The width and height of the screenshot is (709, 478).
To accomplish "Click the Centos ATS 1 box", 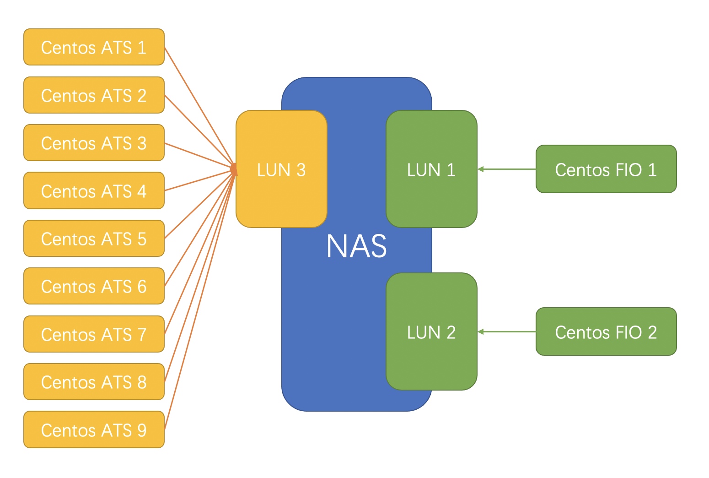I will click(x=94, y=47).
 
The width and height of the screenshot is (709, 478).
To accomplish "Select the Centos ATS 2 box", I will click(x=94, y=95).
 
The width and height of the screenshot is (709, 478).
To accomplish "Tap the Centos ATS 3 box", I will click(x=94, y=143).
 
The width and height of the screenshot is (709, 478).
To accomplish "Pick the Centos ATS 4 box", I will click(x=94, y=191).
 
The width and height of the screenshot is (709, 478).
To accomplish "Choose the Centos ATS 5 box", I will click(x=94, y=239).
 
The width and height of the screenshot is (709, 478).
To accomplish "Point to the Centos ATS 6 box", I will click(x=94, y=286).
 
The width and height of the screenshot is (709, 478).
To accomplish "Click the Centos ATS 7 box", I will click(x=94, y=334).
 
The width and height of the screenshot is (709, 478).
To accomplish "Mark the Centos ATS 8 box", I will click(x=94, y=382).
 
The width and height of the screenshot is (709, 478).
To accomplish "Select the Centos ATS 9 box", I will click(x=94, y=430).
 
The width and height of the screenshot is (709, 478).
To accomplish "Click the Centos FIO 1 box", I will click(x=606, y=169).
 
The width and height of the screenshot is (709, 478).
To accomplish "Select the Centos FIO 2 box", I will click(x=606, y=331).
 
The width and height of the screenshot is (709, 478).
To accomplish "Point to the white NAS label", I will click(x=356, y=246).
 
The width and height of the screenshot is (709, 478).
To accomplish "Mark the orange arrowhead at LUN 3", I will click(x=234, y=170).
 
